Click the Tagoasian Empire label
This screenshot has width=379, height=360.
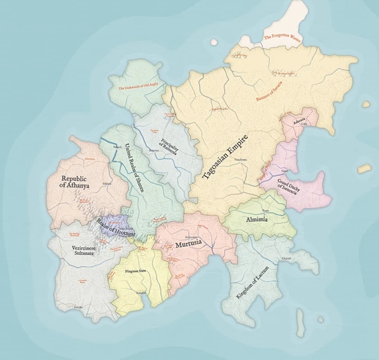(x=226, y=149)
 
